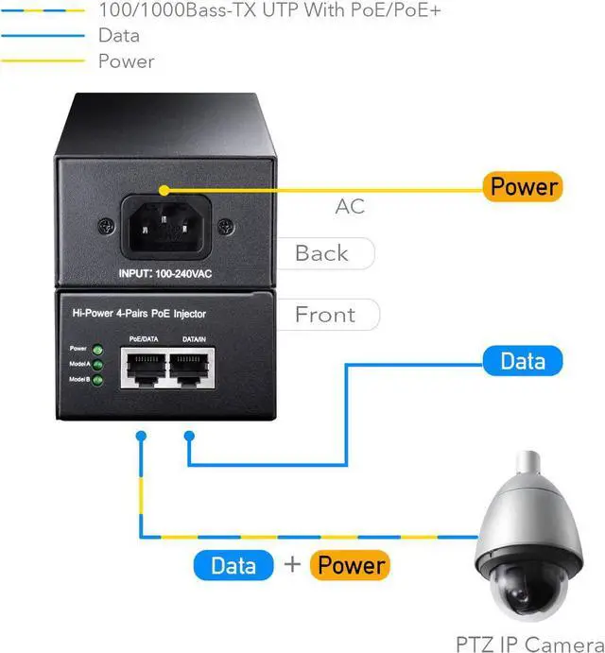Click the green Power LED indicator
(x=96, y=349)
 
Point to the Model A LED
(x=96, y=364)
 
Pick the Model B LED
(x=96, y=379)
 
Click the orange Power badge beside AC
(x=523, y=187)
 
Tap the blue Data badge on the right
(x=522, y=361)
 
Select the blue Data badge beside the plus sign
(x=233, y=565)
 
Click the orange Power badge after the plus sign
(x=351, y=565)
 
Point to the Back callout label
(x=321, y=253)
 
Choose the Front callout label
(x=324, y=315)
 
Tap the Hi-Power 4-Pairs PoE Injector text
(x=139, y=313)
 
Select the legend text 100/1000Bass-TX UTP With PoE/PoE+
(x=269, y=11)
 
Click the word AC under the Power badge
(x=350, y=206)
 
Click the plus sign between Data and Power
(x=292, y=565)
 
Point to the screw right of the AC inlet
(x=224, y=227)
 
